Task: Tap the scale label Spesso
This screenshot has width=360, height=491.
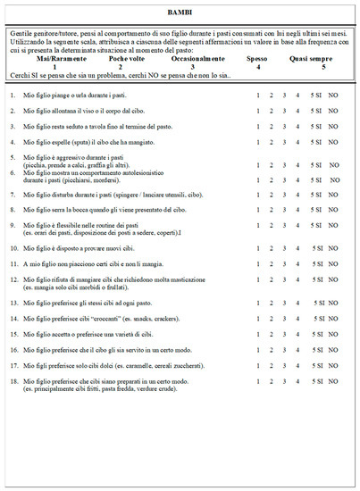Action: click(257, 57)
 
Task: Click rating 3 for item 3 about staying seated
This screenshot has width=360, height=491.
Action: click(284, 127)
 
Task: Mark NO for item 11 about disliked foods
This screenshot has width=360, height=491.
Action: click(333, 265)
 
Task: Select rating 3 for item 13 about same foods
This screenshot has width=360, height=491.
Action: click(284, 304)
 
